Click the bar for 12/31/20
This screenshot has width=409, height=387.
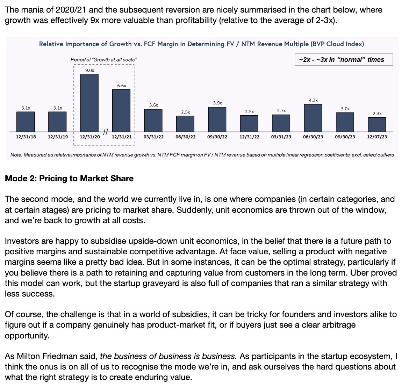click(89, 103)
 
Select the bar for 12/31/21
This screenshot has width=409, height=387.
click(121, 110)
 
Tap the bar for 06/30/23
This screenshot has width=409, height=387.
click(313, 118)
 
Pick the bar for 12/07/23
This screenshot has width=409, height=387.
click(377, 124)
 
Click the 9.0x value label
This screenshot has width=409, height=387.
click(89, 71)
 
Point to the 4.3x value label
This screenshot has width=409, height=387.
click(313, 100)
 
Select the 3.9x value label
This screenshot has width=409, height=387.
click(217, 103)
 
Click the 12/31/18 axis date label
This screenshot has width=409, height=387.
click(26, 137)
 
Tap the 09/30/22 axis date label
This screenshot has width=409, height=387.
click(217, 137)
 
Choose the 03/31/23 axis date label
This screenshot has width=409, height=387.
click(281, 137)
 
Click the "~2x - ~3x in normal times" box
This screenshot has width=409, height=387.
click(344, 60)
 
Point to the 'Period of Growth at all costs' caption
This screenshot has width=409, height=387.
click(103, 60)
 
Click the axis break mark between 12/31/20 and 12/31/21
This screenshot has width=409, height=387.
click(106, 132)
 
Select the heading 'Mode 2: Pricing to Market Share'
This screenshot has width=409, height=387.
click(69, 178)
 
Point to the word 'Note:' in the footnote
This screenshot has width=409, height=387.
click(16, 155)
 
